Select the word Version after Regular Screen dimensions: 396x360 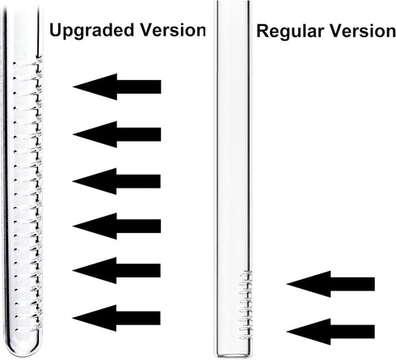(363, 31)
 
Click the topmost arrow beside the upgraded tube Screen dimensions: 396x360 (117, 87)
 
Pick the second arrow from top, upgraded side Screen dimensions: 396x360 (117, 134)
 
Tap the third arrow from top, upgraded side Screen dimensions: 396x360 (116, 181)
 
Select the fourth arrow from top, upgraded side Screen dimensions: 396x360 (116, 226)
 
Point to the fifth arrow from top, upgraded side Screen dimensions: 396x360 (116, 270)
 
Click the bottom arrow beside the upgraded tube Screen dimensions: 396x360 (116, 318)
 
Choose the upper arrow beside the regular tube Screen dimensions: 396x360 (331, 284)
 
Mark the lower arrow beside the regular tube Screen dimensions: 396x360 (331, 332)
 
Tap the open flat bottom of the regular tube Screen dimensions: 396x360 (234, 355)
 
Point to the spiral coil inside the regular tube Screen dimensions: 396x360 (246, 305)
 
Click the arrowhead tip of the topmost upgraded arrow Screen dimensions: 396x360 (74, 87)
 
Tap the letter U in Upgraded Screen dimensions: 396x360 (56, 30)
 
